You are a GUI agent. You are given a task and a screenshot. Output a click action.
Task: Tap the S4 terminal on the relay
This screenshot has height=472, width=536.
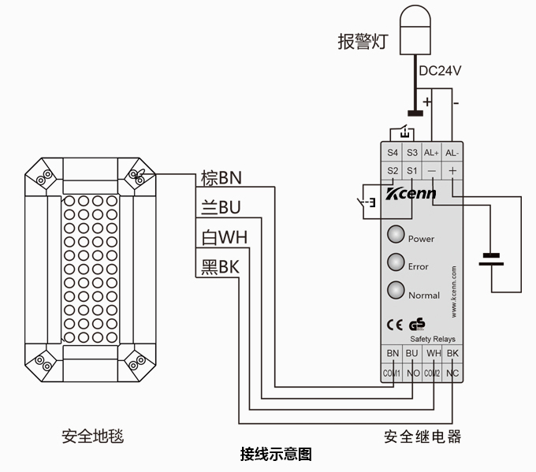tap(393, 152)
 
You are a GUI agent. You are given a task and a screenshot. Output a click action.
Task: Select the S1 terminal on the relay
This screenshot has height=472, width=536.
tap(411, 170)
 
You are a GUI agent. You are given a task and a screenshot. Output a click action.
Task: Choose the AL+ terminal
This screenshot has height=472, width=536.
tap(431, 152)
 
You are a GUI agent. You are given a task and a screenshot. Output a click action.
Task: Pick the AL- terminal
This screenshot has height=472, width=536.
tap(452, 152)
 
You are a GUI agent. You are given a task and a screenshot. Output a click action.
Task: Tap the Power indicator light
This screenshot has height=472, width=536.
tap(396, 235)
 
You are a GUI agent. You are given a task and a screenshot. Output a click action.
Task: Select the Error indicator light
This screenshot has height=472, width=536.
tap(396, 262)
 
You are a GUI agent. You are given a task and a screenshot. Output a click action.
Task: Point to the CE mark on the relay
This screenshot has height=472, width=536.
tap(395, 323)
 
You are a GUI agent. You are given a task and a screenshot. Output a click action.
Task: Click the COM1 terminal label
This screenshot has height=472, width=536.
tap(393, 373)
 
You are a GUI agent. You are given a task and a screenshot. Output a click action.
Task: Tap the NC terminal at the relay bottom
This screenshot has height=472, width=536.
tap(452, 373)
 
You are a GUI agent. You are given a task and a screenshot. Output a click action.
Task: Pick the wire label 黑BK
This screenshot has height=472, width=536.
tap(220, 267)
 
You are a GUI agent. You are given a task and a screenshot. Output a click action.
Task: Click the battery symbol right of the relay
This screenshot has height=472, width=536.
tap(492, 259)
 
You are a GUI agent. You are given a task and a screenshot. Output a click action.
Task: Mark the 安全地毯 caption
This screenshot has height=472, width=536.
tap(93, 436)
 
